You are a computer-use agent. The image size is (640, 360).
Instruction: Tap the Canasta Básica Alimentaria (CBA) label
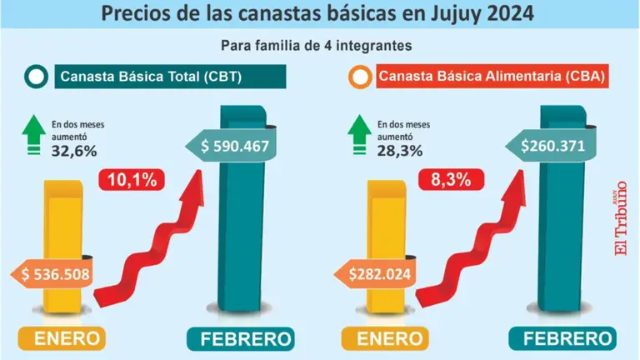click(489, 77)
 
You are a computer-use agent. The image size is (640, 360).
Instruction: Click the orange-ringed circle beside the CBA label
click(361, 78)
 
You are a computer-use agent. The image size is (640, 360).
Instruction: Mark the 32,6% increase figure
click(73, 151)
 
